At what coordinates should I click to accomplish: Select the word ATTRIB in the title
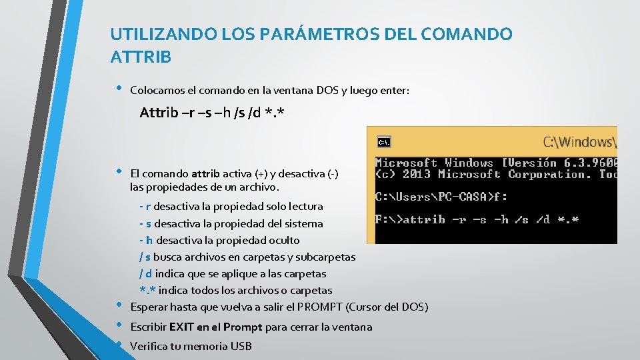[x=141, y=57]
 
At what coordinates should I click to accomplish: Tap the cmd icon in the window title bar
[x=384, y=141]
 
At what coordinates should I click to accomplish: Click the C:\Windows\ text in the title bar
[x=579, y=141]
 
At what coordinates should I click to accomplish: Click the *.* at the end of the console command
[x=569, y=219]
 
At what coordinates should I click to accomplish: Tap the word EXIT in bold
[x=181, y=327]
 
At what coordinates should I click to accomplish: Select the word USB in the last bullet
[x=241, y=346]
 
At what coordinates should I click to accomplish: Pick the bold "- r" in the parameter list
[x=145, y=207]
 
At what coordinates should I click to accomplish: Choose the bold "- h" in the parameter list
[x=145, y=241]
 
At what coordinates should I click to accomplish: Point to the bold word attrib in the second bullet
[x=205, y=174]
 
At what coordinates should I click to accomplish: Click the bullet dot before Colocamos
[x=118, y=88]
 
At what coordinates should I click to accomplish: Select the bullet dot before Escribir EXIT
[x=118, y=325]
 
